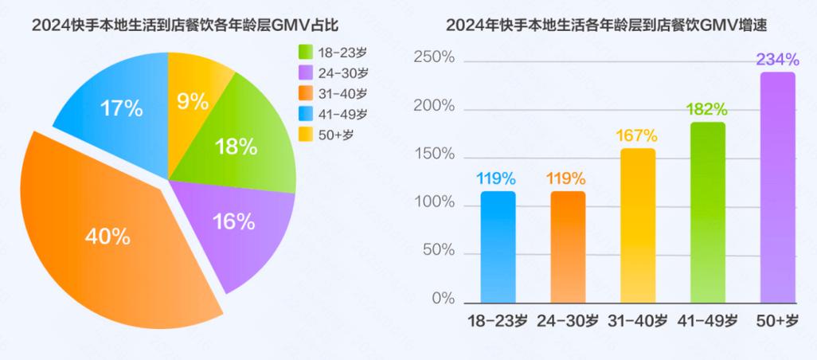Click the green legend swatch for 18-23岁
tap(305, 52)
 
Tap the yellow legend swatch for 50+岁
tap(305, 134)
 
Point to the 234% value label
tap(778, 60)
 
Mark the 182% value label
tap(708, 109)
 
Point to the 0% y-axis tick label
tap(444, 299)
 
